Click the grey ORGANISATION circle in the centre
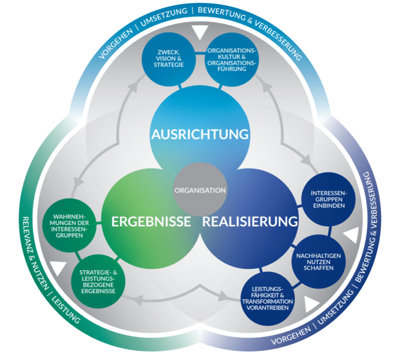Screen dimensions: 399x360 coord(200,190)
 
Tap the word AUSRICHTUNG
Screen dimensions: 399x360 coord(200,134)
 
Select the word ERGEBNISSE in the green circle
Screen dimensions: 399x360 coord(151,221)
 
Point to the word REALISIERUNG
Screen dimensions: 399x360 coord(250,221)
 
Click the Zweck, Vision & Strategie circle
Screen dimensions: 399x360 coord(169,59)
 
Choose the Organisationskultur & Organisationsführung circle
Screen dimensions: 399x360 coord(232,59)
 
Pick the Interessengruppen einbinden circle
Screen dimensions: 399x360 coord(328,199)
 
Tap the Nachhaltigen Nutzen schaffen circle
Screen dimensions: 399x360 coord(319,262)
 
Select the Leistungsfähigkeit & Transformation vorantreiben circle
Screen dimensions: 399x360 coord(268,298)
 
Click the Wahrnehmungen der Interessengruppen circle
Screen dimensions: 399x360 coord(69,226)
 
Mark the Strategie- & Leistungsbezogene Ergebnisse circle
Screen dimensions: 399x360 coord(98,281)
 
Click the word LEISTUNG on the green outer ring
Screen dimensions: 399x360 coord(65,310)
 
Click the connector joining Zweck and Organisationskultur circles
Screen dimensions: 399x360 coord(200,53)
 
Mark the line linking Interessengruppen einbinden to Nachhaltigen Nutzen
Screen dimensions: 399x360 coord(329,230)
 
